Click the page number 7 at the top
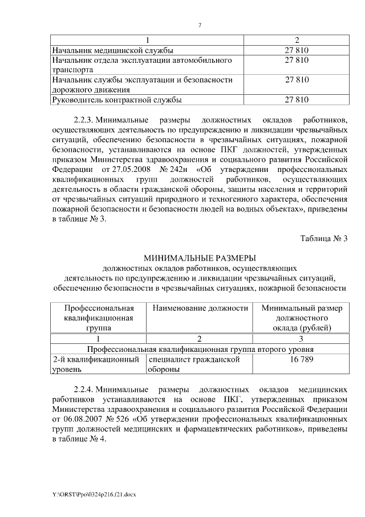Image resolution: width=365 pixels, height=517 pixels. click(200, 25)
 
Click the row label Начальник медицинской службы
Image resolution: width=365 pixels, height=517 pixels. click(112, 51)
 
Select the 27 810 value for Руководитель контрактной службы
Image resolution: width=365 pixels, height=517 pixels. click(297, 100)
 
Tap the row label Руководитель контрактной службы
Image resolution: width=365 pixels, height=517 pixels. click(117, 100)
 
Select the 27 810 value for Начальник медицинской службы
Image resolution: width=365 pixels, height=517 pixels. click(297, 51)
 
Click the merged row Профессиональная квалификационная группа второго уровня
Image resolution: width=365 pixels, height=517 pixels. click(199, 348)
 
